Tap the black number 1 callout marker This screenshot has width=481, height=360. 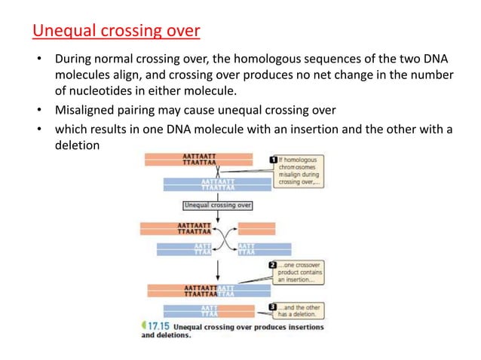pos(273,160)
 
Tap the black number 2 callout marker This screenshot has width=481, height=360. pos(272,267)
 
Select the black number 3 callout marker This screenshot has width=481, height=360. pos(272,307)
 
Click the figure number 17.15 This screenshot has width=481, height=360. pos(156,327)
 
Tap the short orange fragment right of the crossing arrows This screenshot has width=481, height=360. pos(252,229)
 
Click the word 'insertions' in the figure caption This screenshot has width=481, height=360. pos(299,327)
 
